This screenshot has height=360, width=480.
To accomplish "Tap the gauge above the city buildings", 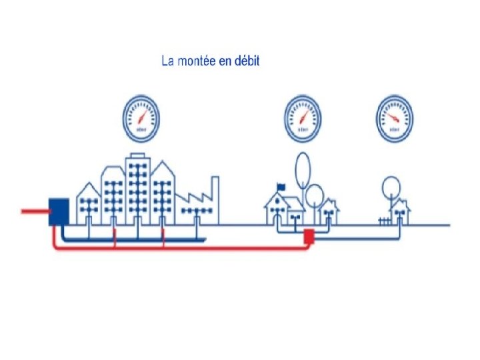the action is (x=141, y=119).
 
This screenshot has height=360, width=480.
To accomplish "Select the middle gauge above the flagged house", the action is (x=303, y=119).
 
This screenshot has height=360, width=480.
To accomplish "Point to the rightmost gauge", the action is (x=394, y=119).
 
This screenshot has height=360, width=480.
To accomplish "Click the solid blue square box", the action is (x=59, y=211).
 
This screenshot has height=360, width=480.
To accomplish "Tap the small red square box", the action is (x=309, y=235).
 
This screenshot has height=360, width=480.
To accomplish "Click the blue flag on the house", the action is (x=281, y=187).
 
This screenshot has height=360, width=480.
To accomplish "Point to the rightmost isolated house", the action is (x=400, y=211).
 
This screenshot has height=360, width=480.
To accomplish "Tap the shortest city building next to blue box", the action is (x=88, y=204).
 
